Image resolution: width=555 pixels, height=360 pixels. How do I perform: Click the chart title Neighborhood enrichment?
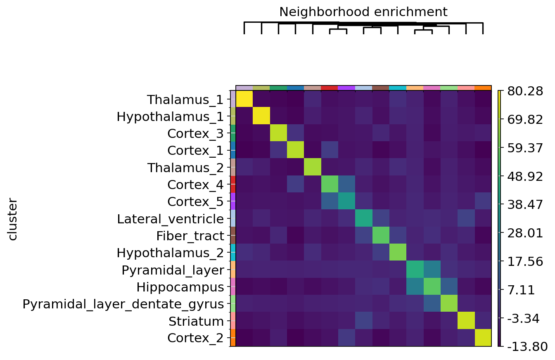(x=363, y=12)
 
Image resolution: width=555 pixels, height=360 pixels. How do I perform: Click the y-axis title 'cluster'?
(x=13, y=219)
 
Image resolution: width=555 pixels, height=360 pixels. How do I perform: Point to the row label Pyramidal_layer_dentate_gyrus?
(x=123, y=304)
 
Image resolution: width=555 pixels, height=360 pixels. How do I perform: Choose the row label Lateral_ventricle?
(x=170, y=219)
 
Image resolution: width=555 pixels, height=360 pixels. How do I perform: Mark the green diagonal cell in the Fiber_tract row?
(x=380, y=235)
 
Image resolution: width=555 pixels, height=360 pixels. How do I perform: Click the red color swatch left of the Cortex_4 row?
(x=233, y=184)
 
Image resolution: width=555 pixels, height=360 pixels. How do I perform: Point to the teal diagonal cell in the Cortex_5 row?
(x=346, y=201)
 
